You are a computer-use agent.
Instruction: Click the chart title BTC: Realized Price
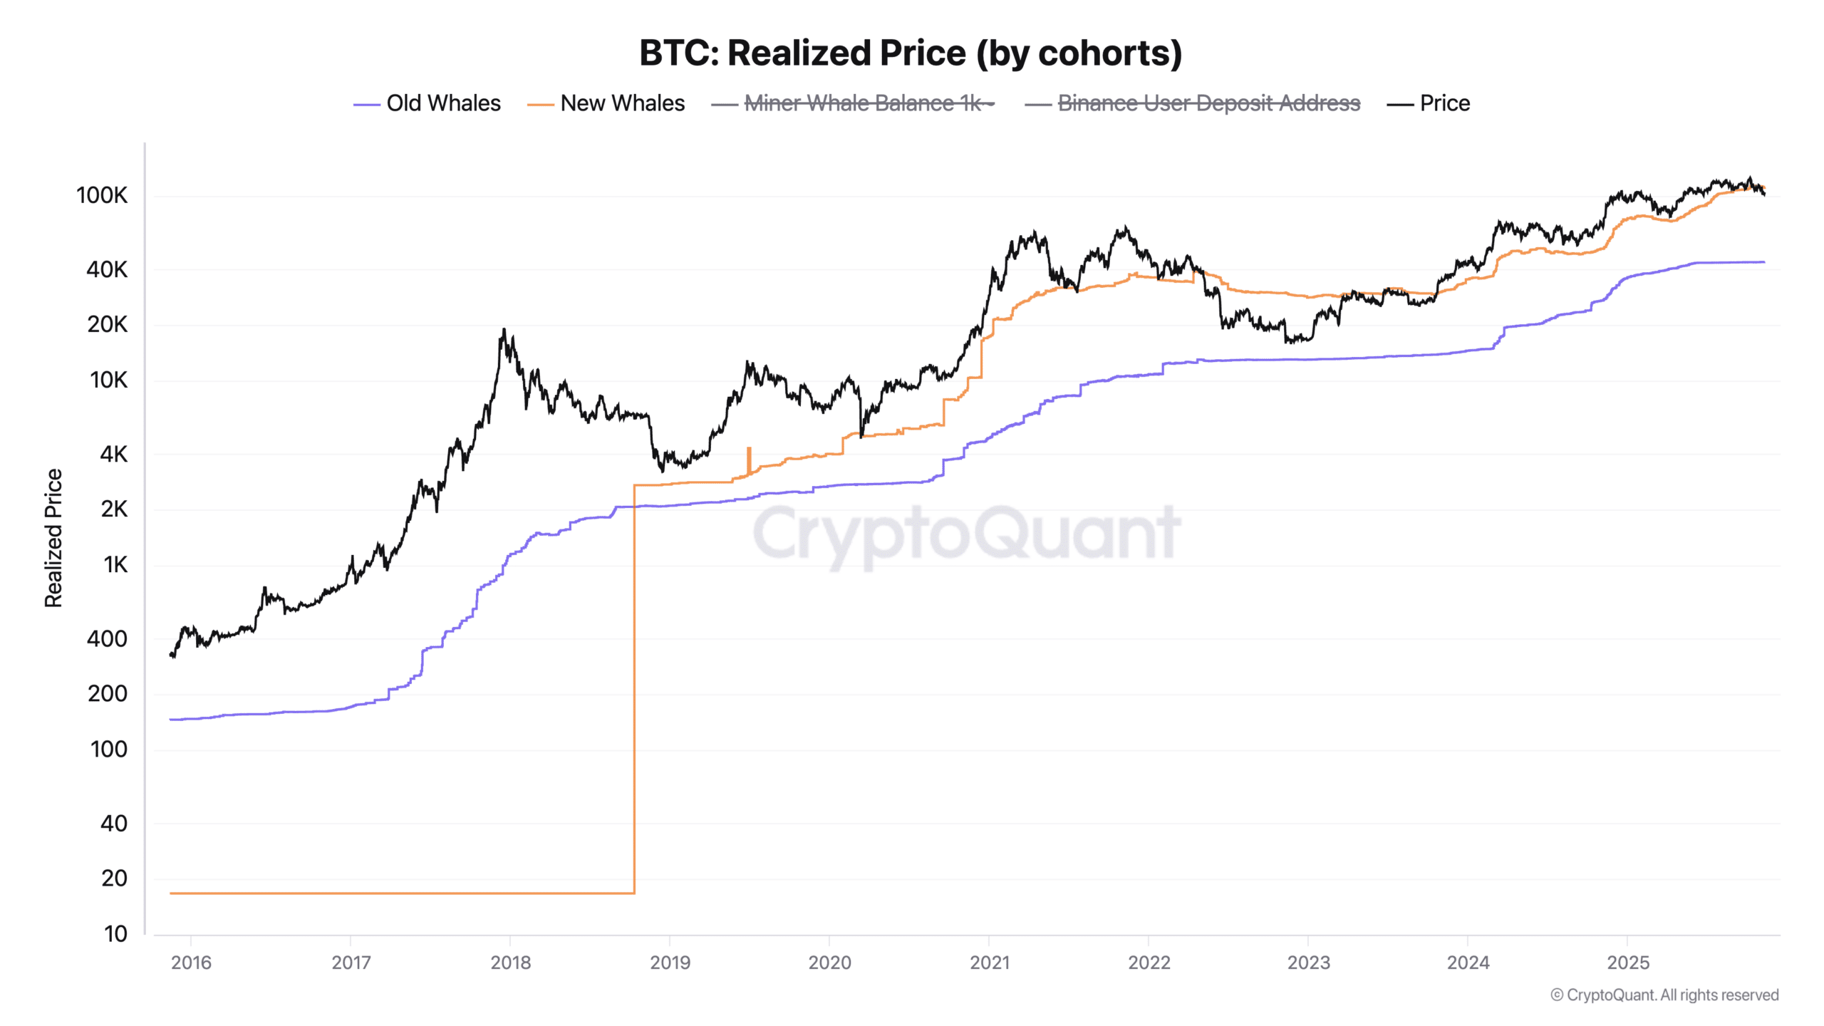pos(911,53)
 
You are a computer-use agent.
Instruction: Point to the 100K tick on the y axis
pos(102,195)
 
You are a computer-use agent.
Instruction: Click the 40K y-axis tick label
pos(107,269)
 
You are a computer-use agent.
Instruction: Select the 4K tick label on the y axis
pos(113,454)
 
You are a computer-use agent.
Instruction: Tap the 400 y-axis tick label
pos(107,638)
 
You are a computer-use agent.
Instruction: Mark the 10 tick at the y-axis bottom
pos(115,933)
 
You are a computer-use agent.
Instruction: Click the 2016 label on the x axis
pos(191,963)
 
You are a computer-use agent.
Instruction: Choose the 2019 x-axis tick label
pos(670,963)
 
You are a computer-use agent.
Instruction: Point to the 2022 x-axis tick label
pos(1149,963)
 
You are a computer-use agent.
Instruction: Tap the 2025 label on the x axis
pos(1627,963)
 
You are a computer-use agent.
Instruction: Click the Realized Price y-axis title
pos(53,538)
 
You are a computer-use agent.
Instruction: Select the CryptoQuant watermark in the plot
pos(966,533)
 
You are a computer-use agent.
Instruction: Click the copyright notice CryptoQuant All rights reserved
pos(1664,995)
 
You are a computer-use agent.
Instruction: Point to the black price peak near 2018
pos(504,331)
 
